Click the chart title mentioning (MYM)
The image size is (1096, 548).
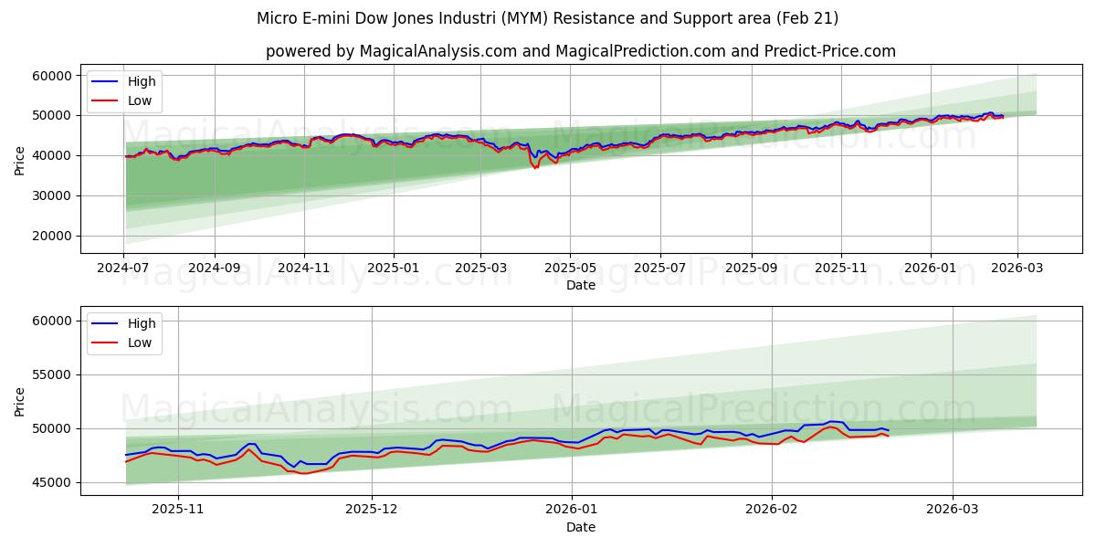point(547,18)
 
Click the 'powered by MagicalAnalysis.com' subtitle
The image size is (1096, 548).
point(580,51)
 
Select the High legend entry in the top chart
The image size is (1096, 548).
point(142,81)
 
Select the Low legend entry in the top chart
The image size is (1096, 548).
point(140,101)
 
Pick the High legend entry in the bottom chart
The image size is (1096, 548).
point(142,323)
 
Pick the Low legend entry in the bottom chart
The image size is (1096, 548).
point(140,342)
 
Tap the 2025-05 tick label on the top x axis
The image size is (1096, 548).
point(570,269)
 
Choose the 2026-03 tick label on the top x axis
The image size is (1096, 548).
point(1017,269)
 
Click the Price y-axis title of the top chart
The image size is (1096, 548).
point(20,160)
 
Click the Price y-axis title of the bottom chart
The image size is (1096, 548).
point(20,401)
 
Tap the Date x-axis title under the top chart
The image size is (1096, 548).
point(580,285)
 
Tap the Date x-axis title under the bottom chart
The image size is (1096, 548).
point(580,527)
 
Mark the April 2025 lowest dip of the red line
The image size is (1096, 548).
point(535,168)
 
